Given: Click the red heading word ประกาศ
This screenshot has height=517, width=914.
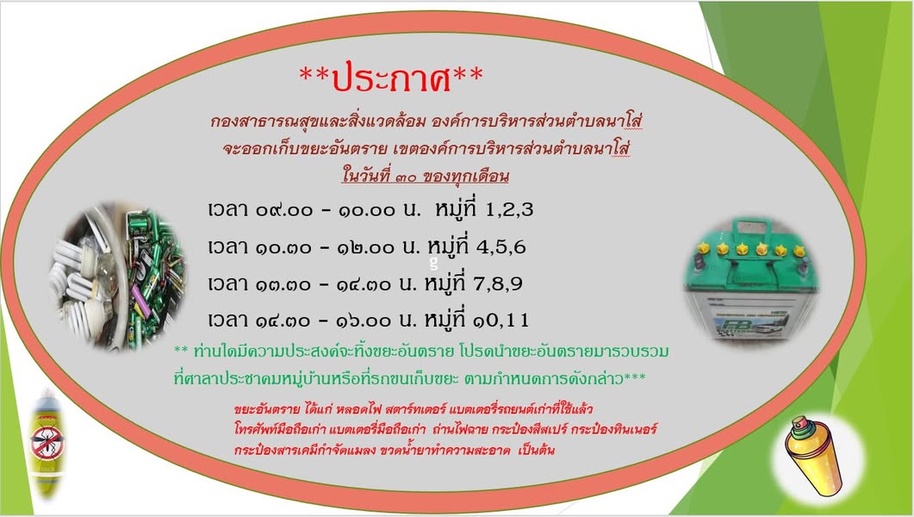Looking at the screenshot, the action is pos(392,77).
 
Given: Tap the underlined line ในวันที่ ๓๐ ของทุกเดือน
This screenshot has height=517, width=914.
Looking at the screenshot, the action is pos(426,176).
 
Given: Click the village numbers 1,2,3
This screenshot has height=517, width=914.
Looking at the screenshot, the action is pos(509,210).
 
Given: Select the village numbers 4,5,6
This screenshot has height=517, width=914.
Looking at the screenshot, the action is pos(501,247).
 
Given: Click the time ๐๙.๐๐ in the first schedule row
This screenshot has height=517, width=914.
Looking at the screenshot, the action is pos(284,210).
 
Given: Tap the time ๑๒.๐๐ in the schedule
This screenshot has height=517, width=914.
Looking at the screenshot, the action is pos(365,247).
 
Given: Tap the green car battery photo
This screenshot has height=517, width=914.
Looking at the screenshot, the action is pos(752,277).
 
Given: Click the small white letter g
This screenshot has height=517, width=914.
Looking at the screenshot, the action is pos(433,264).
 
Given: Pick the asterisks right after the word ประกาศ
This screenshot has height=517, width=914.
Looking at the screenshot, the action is pos(468,73).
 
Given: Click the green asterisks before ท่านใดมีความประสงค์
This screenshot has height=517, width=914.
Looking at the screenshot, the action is pos(181,351).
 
